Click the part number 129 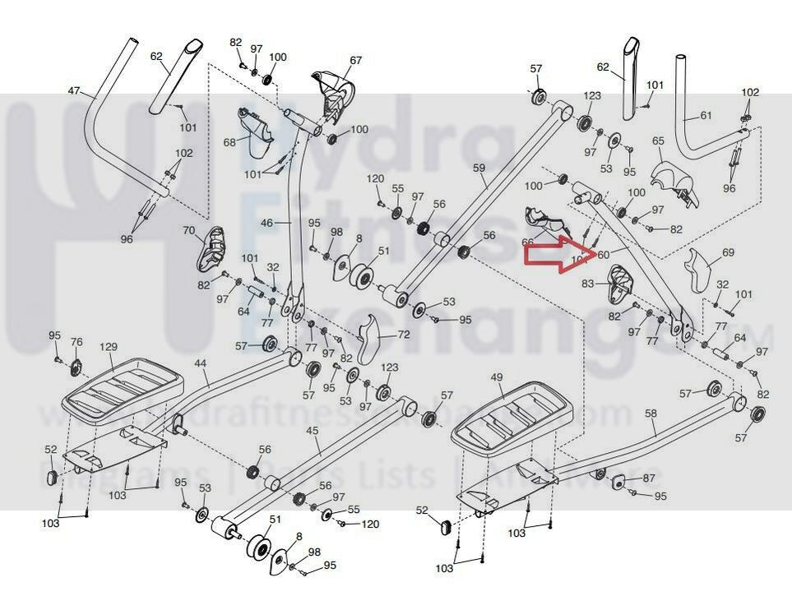pyautogui.click(x=109, y=348)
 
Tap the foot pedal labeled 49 pyautogui.click(x=513, y=414)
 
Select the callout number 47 pyautogui.click(x=75, y=90)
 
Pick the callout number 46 pyautogui.click(x=266, y=224)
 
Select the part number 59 pyautogui.click(x=480, y=168)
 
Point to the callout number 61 pyautogui.click(x=705, y=116)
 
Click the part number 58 pyautogui.click(x=651, y=414)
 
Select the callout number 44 pyautogui.click(x=200, y=363)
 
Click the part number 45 pyautogui.click(x=311, y=430)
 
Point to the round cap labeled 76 pyautogui.click(x=76, y=365)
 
